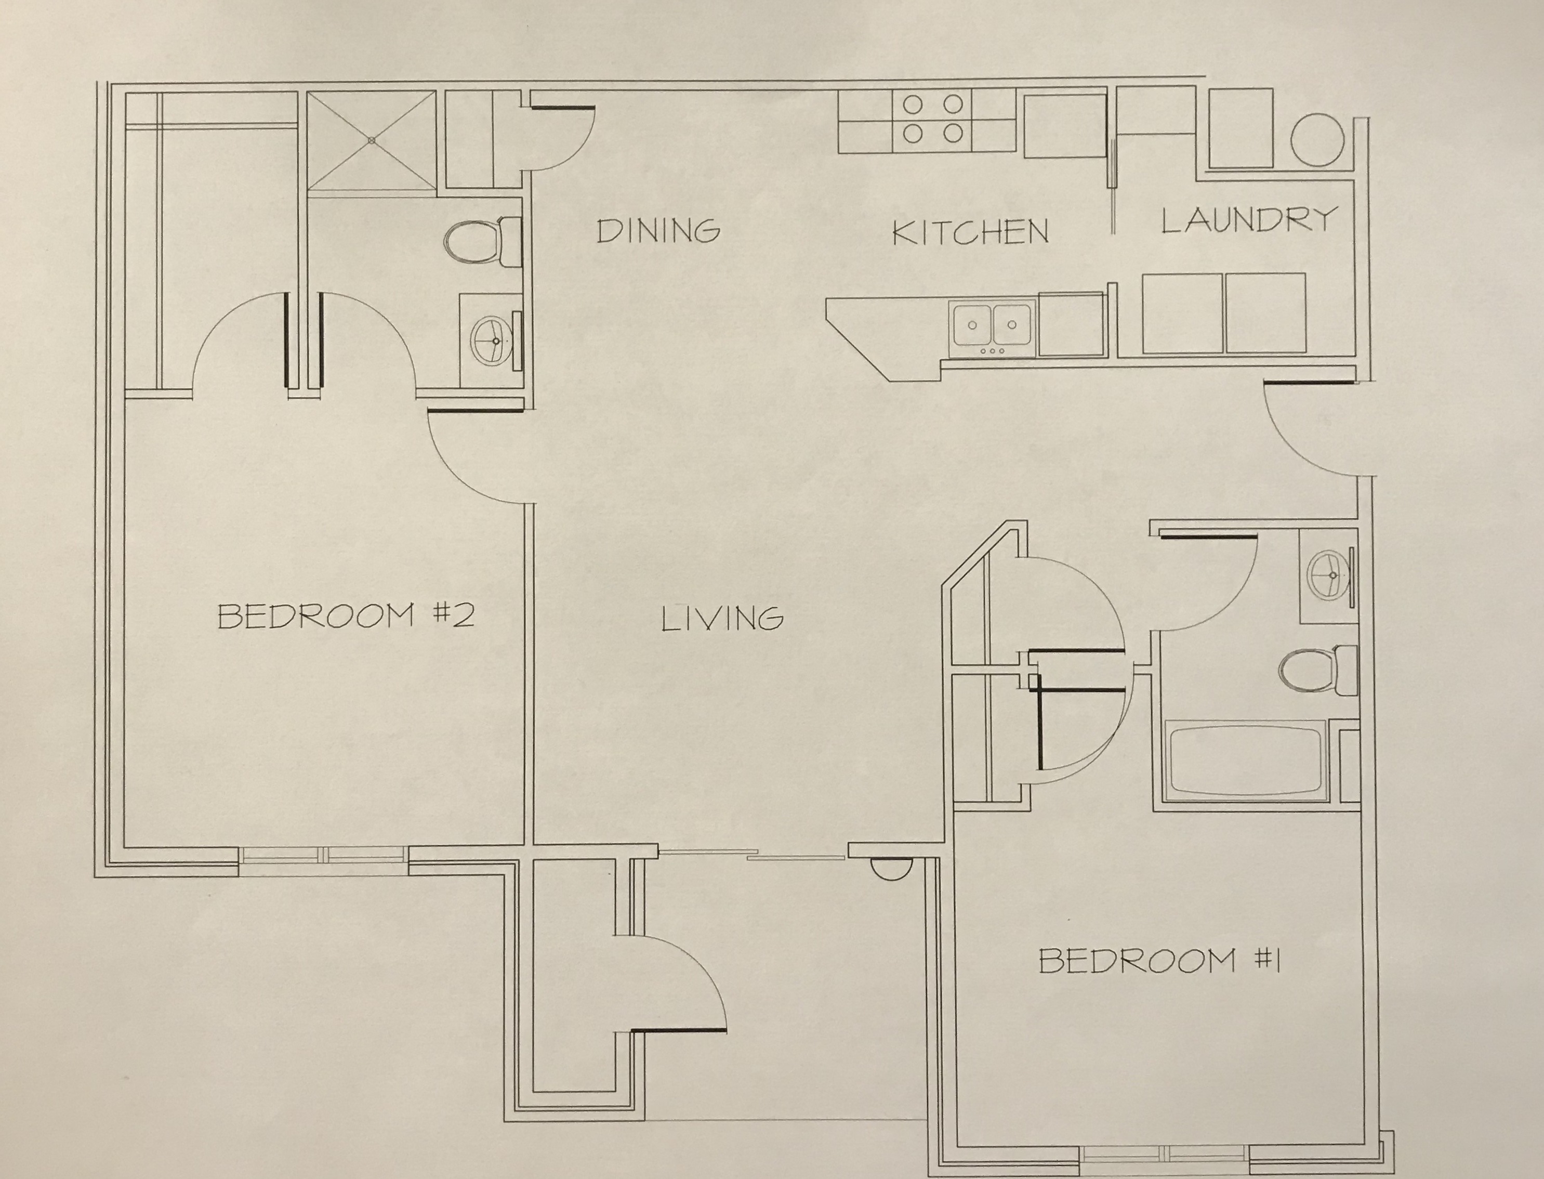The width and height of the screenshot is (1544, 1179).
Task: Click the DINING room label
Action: coord(658,231)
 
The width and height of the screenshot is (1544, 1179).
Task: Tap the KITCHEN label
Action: coord(970,232)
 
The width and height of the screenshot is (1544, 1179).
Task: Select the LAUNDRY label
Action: coord(1249,220)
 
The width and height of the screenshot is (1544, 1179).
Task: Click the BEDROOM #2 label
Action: coord(346,615)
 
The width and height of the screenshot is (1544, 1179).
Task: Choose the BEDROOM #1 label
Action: coord(1159,960)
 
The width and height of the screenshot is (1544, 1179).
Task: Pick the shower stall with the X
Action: coord(372,140)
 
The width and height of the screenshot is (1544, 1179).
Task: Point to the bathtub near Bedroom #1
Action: coord(1245,761)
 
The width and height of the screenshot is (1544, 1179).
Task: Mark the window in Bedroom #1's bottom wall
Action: coord(1165,1155)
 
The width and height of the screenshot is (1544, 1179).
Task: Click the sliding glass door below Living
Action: coord(753,855)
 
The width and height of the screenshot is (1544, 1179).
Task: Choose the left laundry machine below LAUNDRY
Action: coord(1183,313)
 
